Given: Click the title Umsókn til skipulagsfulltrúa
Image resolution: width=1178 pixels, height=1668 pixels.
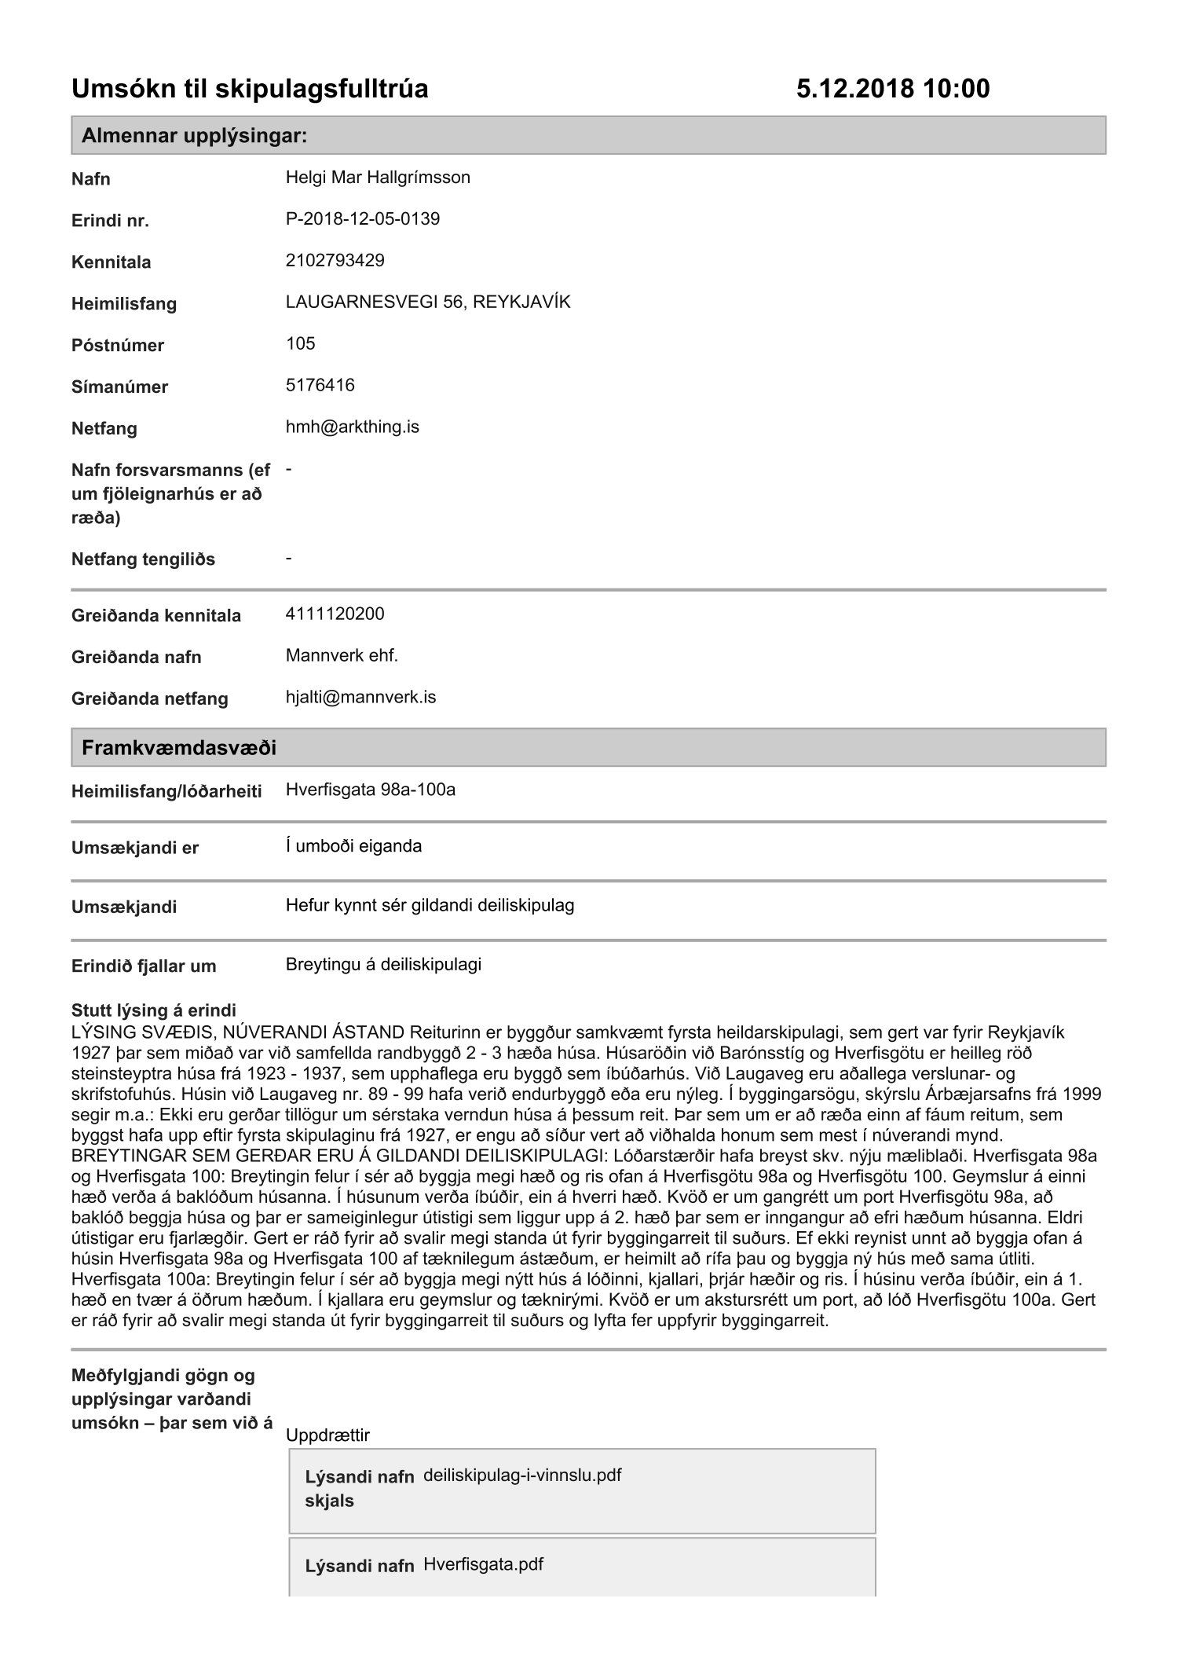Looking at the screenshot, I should [x=250, y=90].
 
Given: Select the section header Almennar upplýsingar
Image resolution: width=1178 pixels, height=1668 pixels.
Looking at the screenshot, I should [x=194, y=136].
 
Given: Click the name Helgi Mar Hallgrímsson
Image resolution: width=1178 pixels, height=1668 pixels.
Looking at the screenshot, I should [x=378, y=178].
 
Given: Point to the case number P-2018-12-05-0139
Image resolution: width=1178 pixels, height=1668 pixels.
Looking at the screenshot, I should [x=363, y=219].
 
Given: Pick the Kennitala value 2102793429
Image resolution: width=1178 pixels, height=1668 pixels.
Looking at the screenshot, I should [x=335, y=261].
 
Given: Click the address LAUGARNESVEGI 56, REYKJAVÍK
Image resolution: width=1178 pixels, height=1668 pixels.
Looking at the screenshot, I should [x=428, y=302].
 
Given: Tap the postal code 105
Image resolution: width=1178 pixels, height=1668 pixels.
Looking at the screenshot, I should [x=301, y=343].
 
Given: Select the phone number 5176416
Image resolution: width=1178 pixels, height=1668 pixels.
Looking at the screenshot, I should [x=320, y=385].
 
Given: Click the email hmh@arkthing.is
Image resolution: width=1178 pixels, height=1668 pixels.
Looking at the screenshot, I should [x=353, y=427].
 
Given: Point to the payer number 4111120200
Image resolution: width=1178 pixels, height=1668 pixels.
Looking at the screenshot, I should [x=335, y=614].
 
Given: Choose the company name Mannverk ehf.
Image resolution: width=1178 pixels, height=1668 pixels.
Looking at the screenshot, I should [x=342, y=655].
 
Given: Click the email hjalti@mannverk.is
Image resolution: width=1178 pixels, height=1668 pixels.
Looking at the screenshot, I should [x=360, y=697].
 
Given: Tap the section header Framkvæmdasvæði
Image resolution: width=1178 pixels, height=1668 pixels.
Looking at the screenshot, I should [x=179, y=747].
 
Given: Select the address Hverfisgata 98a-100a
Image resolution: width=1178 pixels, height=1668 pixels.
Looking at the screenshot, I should [x=371, y=790].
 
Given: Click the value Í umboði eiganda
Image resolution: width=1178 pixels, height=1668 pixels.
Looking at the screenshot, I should [x=353, y=846].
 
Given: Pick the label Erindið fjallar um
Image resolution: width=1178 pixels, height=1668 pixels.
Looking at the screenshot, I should [x=144, y=966].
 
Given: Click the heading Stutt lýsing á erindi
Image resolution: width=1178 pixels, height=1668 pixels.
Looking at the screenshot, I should [x=154, y=1010].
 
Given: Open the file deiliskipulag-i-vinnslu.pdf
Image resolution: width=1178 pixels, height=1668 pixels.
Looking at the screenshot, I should [x=522, y=1475].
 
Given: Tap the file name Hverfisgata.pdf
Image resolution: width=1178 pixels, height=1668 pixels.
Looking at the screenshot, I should [x=483, y=1564].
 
